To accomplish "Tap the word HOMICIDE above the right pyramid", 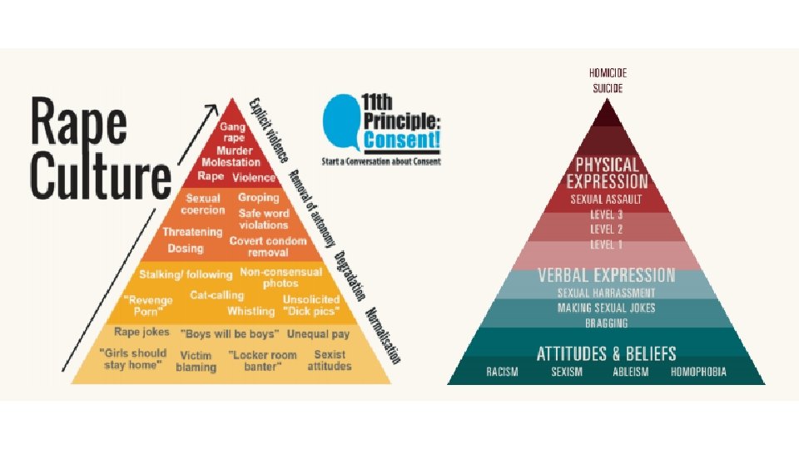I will tap(608, 72).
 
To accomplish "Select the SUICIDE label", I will tap(608, 87).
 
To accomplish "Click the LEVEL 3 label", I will tap(607, 214).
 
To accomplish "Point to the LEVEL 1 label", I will tap(607, 244).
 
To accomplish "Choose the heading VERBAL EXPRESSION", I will tap(607, 275).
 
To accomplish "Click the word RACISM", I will tap(502, 372).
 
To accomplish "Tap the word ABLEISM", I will tap(630, 372).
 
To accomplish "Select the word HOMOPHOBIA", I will tap(698, 372).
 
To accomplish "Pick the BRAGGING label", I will tap(607, 323).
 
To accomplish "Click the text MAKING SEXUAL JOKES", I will tap(607, 308).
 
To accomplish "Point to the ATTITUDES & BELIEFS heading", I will tap(607, 353).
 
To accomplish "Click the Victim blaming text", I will tap(196, 360).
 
